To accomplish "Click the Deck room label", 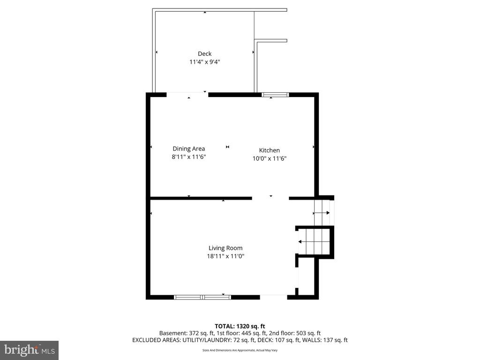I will click(204, 54).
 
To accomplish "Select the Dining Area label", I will click(188, 149).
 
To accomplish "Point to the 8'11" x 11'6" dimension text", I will click(189, 157).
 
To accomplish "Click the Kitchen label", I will click(270, 150).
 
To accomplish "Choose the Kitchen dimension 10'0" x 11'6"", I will click(270, 158).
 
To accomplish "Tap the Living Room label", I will click(225, 248).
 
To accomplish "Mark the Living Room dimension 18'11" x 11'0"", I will click(226, 256).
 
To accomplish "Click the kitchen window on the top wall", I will click(275, 95).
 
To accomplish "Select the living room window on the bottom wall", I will click(202, 297).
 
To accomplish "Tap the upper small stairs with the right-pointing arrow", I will click(322, 212).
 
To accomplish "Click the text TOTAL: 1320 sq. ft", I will click(240, 326).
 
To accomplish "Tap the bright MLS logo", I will click(29, 350).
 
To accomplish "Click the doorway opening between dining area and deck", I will click(187, 95).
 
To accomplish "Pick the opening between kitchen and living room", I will click(270, 198).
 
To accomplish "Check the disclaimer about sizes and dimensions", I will click(240, 350).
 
